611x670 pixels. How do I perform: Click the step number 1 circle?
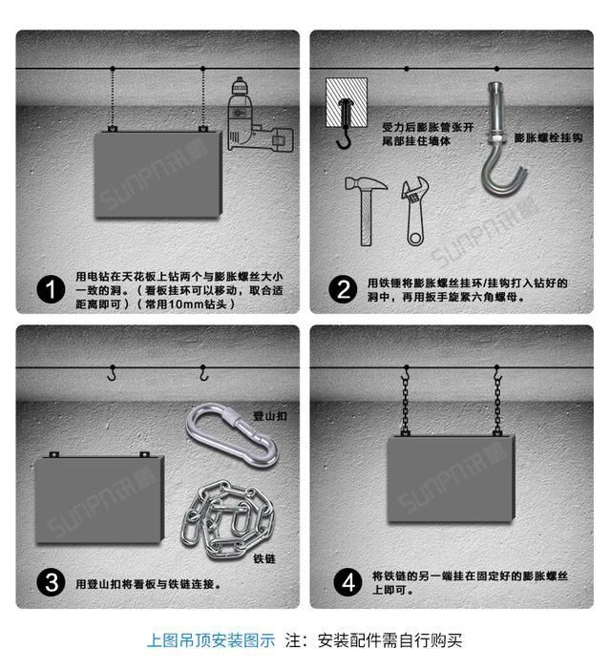(x=48, y=287)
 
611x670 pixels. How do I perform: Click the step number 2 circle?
(x=341, y=287)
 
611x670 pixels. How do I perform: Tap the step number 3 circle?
(x=48, y=582)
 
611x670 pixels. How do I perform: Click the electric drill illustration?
(x=256, y=122)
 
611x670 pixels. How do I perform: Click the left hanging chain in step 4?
(x=405, y=401)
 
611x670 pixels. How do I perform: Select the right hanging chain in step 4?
(x=496, y=401)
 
